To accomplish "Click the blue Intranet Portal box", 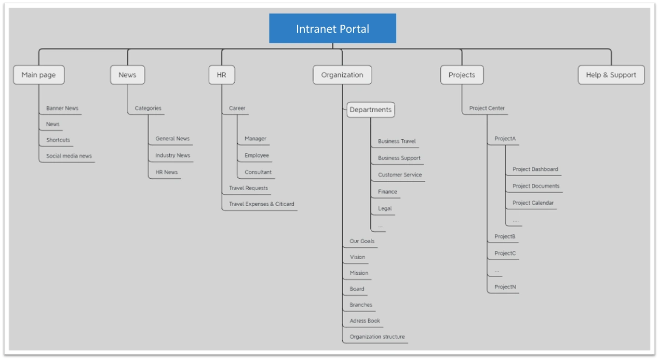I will coord(332,29).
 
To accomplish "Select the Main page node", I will coord(38,75).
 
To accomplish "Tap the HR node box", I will coord(221,75).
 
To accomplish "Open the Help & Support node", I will coord(611,75).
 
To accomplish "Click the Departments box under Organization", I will coord(370,110).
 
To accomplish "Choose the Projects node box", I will coord(462,75).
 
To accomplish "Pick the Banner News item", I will coord(62,108).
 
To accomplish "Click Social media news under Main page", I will coord(69,156).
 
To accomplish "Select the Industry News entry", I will coord(172,155).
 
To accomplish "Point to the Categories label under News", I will coord(148,108).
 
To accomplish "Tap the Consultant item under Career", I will coord(258,172).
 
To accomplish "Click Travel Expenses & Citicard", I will coord(261,204).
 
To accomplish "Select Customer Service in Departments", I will coord(400,175).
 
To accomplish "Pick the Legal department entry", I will coord(385,208).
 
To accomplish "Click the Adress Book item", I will coord(365,321).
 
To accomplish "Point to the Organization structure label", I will coord(377,337).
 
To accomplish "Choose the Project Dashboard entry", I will coord(535,169).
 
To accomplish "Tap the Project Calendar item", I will coord(533,203).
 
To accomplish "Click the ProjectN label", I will coord(505,287).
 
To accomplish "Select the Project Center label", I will coord(487,108).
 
